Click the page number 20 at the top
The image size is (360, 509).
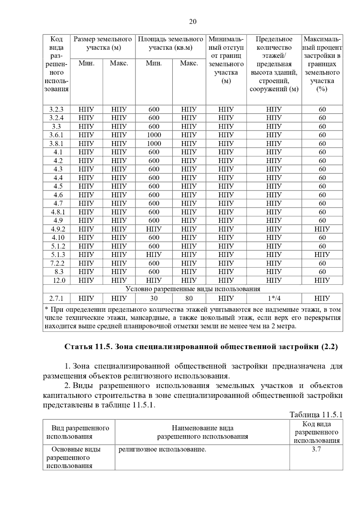[x=193, y=22]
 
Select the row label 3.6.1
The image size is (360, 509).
[x=56, y=135]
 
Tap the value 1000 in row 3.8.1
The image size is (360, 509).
[x=154, y=144]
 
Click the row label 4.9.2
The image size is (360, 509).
[x=58, y=229]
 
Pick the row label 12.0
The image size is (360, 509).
[x=59, y=281]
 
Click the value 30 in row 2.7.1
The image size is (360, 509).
[x=154, y=298]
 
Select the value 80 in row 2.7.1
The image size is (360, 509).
[x=189, y=298]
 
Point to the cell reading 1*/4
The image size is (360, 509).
[x=274, y=298]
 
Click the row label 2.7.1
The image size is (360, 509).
[x=56, y=298]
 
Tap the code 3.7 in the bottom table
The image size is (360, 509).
[x=316, y=449]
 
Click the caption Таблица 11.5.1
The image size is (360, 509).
[x=316, y=415]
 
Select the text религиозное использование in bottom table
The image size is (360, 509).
[x=162, y=449]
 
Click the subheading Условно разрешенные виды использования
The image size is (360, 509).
[x=193, y=289]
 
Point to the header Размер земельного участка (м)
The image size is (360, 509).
[x=103, y=43]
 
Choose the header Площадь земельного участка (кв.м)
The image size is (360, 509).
[x=170, y=43]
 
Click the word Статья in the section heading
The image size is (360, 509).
[x=78, y=347]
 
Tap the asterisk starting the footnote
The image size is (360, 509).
[x=46, y=309]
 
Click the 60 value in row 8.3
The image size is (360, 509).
[x=322, y=272]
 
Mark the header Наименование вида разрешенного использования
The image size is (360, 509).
[x=202, y=432]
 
